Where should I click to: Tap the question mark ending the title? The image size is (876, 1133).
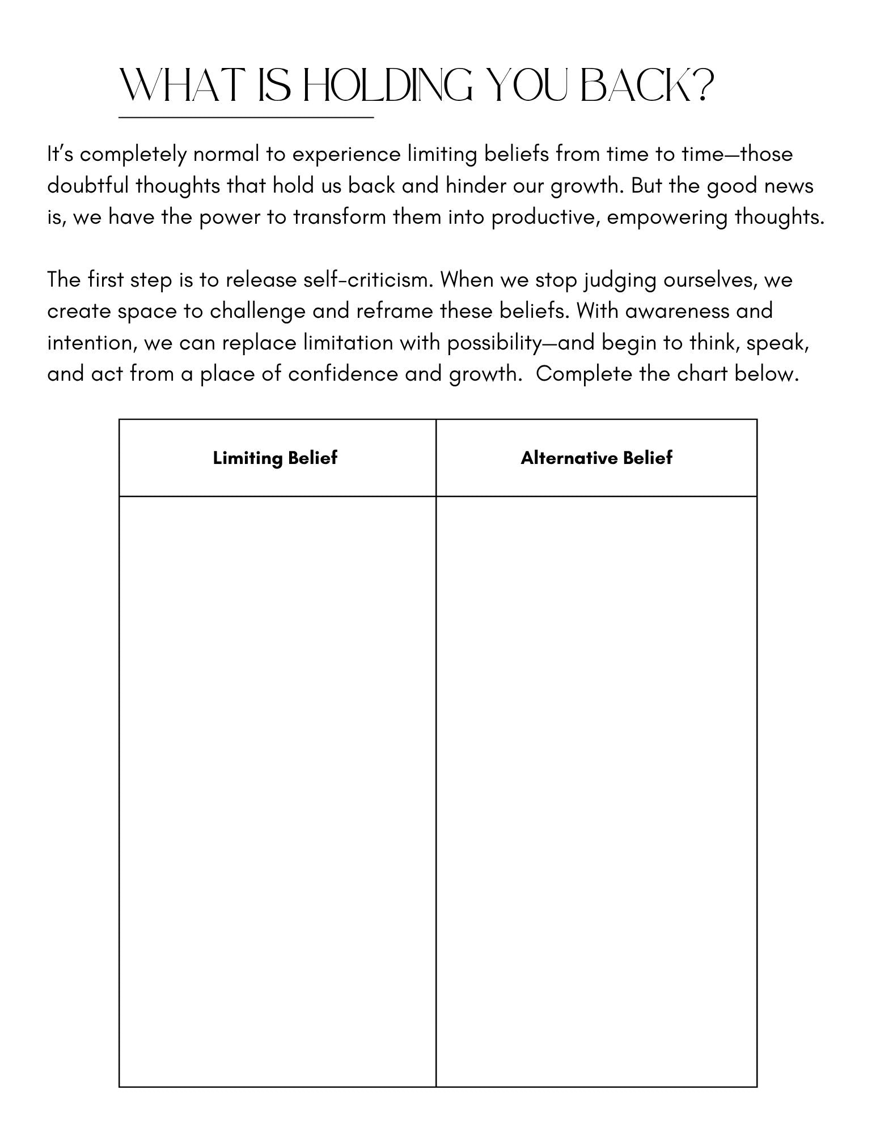click(x=696, y=86)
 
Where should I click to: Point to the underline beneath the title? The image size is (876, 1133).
click(x=246, y=117)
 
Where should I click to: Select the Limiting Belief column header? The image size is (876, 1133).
click(x=275, y=458)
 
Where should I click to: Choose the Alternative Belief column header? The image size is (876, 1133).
click(x=596, y=458)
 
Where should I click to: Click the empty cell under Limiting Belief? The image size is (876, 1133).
click(x=277, y=791)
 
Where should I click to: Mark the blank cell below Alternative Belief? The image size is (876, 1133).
click(x=596, y=791)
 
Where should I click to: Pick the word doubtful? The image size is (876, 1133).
click(x=88, y=186)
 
